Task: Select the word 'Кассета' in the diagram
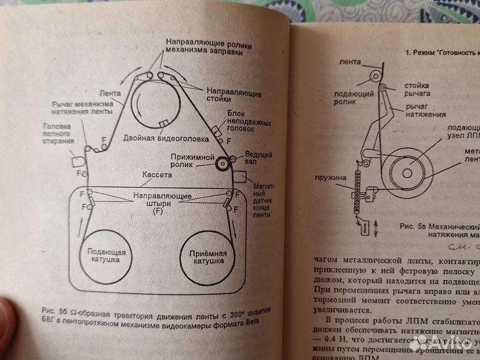point(157,174)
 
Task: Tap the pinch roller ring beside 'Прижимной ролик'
point(221,161)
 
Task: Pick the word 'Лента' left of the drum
point(110,93)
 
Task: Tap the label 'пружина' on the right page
point(329,179)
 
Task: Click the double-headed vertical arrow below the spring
point(377,227)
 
